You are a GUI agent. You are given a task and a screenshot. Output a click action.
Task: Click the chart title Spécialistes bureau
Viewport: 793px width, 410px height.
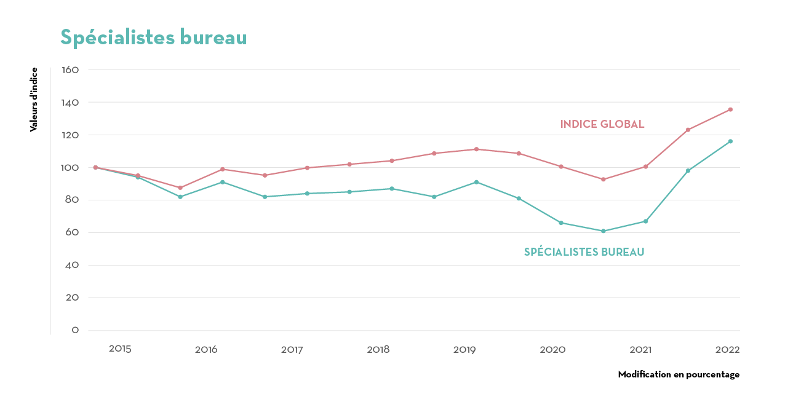pos(154,38)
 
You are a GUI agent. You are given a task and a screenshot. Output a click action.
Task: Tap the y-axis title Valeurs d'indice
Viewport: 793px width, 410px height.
pos(34,100)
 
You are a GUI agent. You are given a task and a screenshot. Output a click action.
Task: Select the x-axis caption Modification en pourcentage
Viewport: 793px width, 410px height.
pos(679,374)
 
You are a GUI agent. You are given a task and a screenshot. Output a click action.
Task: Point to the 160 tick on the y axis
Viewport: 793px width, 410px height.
pos(71,70)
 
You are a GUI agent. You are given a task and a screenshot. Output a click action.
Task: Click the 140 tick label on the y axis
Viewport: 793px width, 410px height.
pos(71,103)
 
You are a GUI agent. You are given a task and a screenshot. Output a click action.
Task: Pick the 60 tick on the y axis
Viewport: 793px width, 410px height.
pos(71,233)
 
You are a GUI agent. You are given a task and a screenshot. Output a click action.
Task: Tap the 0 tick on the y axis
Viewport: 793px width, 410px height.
pos(75,330)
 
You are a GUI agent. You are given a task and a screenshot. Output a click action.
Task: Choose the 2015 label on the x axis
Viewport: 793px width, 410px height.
pos(120,349)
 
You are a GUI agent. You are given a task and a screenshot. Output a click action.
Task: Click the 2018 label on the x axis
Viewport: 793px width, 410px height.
pos(378,350)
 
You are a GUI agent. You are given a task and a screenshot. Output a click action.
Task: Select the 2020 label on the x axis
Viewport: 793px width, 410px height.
pos(552,350)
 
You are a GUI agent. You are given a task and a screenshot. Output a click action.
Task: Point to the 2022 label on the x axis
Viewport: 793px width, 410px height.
pos(727,350)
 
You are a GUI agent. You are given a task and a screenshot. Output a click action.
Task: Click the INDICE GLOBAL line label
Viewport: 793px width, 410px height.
pos(602,124)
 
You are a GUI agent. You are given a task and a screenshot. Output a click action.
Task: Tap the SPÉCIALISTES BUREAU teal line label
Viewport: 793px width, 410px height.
pos(584,252)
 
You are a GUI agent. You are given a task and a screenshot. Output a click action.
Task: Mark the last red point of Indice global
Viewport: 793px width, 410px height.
pos(730,109)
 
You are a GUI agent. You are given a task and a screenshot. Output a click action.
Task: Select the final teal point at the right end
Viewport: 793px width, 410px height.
pos(730,141)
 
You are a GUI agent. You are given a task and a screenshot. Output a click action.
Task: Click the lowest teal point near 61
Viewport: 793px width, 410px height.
pos(604,231)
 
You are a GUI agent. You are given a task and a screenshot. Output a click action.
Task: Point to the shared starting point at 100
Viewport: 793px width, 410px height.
pos(95,167)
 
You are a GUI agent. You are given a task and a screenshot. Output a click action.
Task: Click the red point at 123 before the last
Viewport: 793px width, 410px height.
pos(688,130)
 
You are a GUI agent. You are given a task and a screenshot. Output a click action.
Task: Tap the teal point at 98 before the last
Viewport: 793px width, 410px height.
pos(688,171)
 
